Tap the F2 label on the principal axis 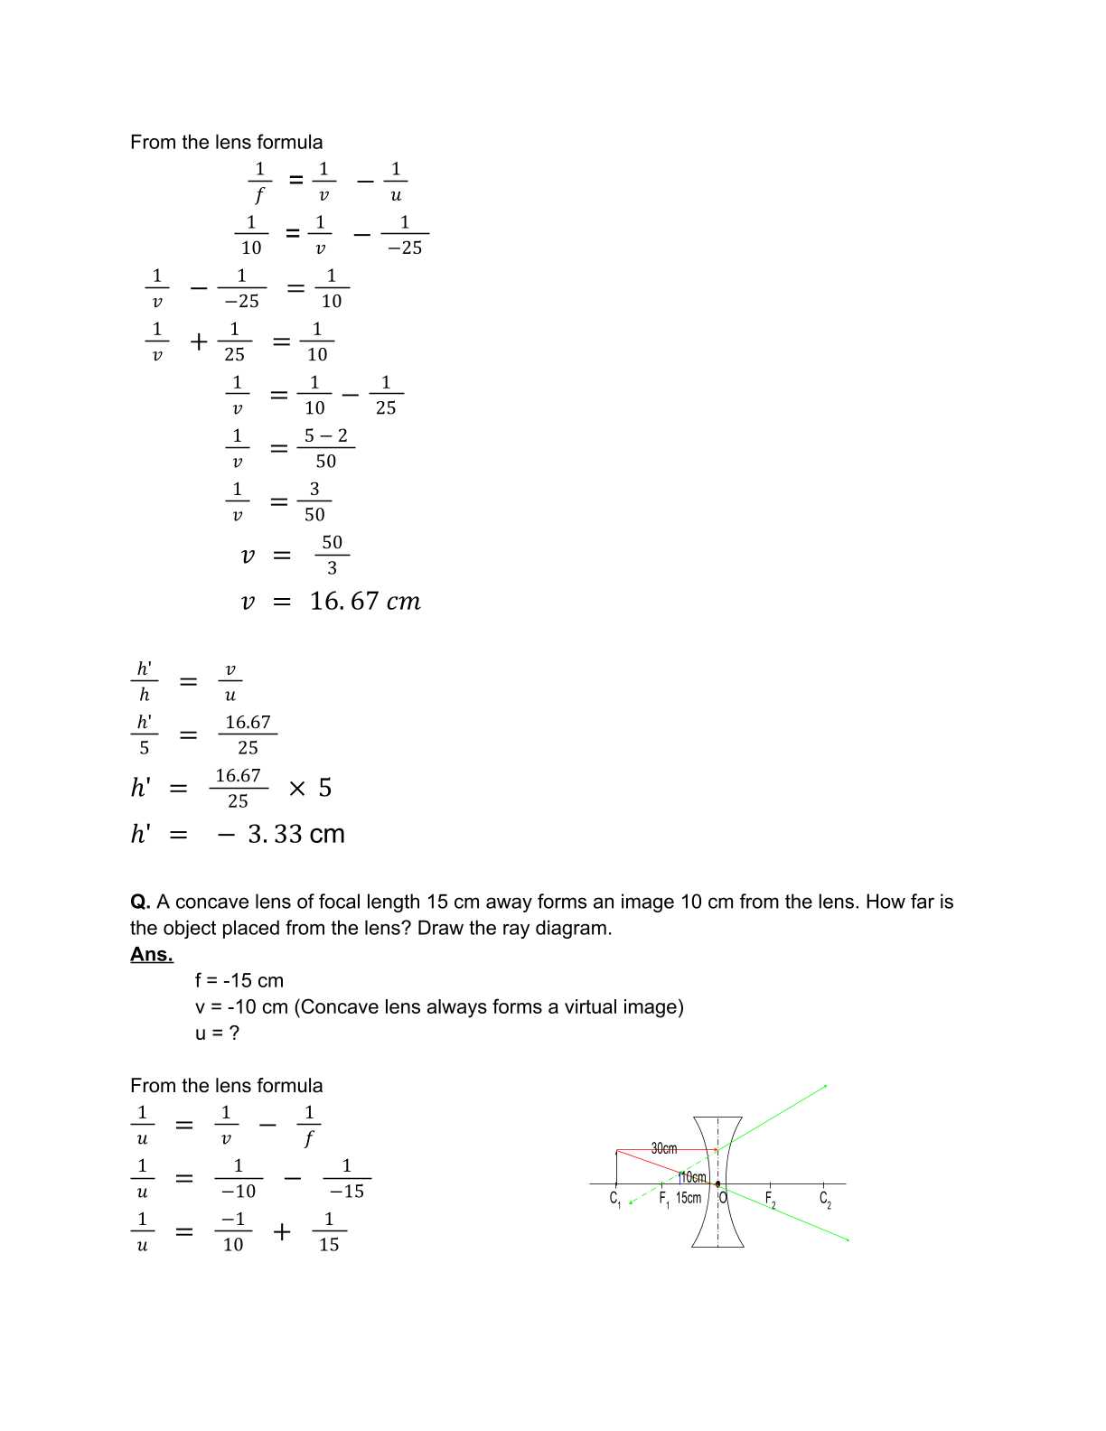point(770,1200)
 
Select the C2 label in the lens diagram point(825,1200)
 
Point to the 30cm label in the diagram point(664,1148)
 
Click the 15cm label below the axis point(689,1198)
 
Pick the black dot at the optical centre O point(717,1183)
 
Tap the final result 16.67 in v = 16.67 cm point(344,602)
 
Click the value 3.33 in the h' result point(275,834)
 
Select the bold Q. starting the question point(140,902)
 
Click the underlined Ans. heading point(151,954)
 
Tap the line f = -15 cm point(239,980)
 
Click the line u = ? point(217,1033)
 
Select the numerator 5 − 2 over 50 point(325,436)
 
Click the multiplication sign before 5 point(297,789)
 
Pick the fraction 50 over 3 point(332,555)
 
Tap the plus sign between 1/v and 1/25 point(199,342)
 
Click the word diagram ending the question point(574,928)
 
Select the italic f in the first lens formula point(259,195)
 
